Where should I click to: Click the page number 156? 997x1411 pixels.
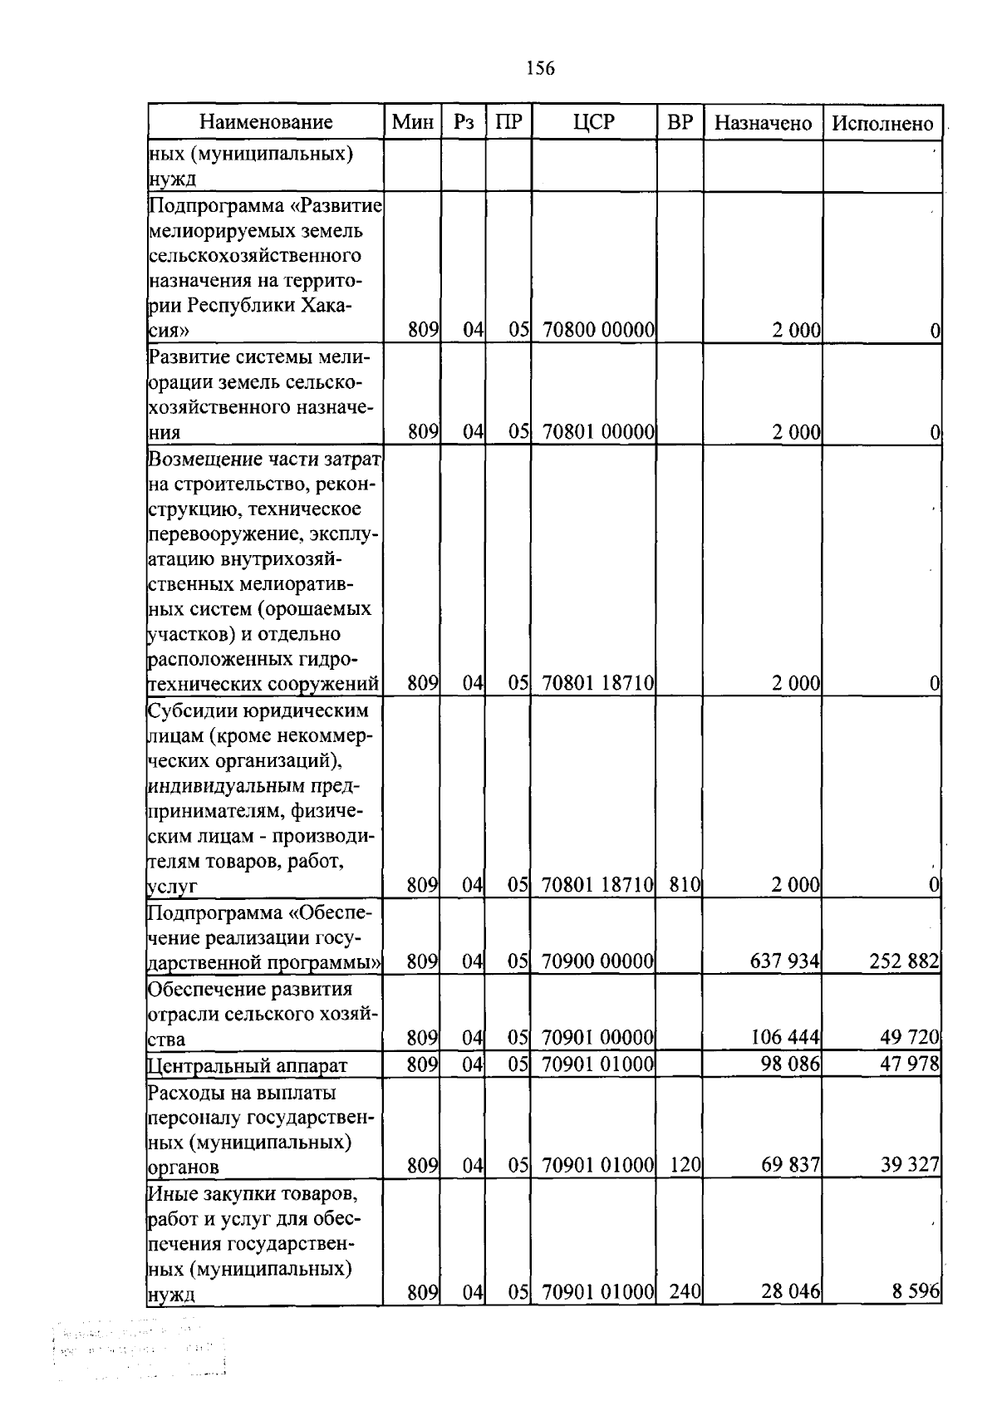[x=540, y=69]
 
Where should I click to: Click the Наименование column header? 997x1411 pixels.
[x=266, y=123]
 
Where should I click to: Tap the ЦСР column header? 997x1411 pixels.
[x=593, y=123]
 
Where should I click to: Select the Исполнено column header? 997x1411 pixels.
[x=882, y=124]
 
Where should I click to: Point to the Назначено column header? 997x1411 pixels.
[x=763, y=124]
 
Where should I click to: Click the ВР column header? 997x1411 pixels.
[x=680, y=123]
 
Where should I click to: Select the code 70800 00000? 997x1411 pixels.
[x=598, y=331]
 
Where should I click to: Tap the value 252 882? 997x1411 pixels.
[x=904, y=962]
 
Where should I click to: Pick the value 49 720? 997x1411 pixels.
[x=909, y=1038]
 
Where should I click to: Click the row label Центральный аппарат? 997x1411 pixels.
[x=248, y=1066]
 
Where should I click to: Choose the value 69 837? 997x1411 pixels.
[x=790, y=1166]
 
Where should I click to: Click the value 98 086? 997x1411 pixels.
[x=790, y=1064]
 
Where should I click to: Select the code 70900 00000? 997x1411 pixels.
[x=598, y=962]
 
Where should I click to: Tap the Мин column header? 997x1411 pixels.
[x=413, y=123]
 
